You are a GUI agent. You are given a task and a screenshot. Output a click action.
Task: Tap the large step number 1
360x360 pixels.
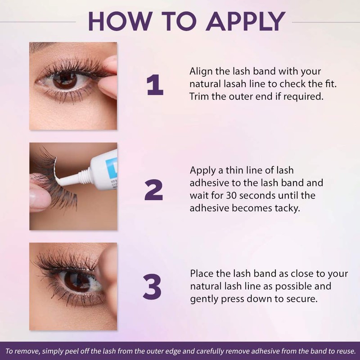click(154, 85)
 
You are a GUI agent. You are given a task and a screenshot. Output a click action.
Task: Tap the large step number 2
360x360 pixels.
click(154, 189)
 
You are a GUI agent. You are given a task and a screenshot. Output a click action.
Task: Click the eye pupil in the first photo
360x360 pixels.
click(66, 80)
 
